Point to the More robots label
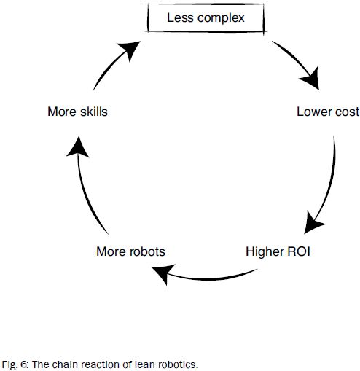pos(130,251)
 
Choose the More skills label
pos(78,112)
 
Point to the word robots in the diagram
pos(145,251)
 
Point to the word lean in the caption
pos(142,363)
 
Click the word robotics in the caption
pos(176,363)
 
